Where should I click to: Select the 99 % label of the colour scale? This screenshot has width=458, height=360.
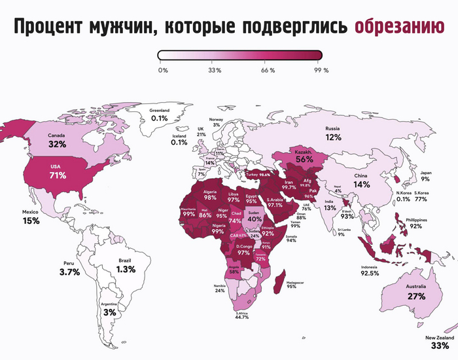tap(321, 69)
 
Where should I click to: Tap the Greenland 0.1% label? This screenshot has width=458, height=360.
tap(160, 115)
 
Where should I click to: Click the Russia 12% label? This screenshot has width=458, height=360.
tap(334, 134)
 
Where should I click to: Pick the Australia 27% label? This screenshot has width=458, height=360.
tap(417, 293)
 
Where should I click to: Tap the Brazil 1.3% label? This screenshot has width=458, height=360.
tap(126, 266)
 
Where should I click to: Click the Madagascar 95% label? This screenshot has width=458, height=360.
tap(291, 283)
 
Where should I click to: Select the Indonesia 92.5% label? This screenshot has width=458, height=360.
tap(370, 271)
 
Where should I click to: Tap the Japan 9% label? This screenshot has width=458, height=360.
tap(425, 175)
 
